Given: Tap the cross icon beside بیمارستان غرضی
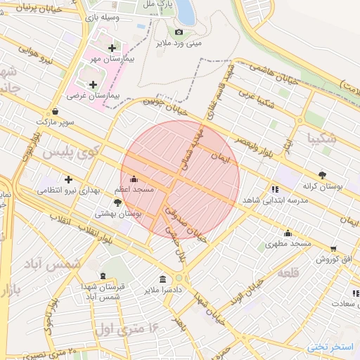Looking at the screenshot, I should (x=93, y=84).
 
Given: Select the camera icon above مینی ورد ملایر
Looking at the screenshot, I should (x=179, y=32).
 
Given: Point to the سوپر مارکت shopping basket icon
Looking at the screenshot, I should (x=55, y=110).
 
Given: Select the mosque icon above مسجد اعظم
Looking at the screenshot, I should (x=134, y=179).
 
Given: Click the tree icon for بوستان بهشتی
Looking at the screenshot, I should (x=117, y=202).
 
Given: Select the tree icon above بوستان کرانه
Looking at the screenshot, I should (x=323, y=175).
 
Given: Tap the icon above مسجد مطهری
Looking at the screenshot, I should (x=288, y=233).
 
